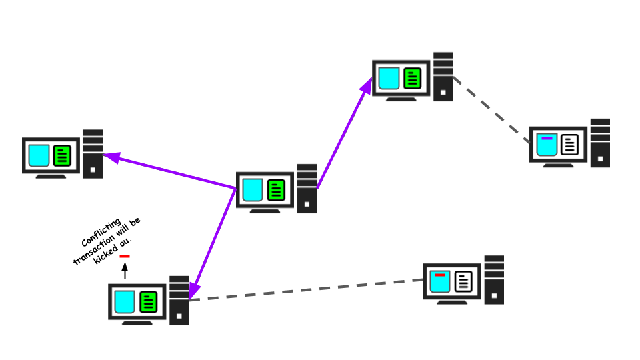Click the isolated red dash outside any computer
[125, 256]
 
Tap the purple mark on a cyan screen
[547, 138]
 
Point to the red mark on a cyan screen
[440, 275]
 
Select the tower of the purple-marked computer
[600, 143]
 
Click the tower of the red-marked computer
[494, 280]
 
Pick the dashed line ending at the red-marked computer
[307, 290]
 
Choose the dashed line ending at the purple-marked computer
[491, 109]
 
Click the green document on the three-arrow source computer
[276, 190]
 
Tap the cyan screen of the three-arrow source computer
[253, 190]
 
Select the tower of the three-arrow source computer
[307, 189]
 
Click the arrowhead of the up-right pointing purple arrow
[367, 85]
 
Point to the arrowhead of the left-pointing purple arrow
[111, 157]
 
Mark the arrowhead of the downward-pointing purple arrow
[193, 291]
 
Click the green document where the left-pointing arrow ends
[62, 155]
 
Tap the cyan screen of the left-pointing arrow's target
[39, 155]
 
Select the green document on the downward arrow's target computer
[148, 302]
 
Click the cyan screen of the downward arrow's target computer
[125, 302]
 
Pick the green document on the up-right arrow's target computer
[412, 78]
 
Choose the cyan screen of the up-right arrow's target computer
[389, 78]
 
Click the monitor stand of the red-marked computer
[452, 302]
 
